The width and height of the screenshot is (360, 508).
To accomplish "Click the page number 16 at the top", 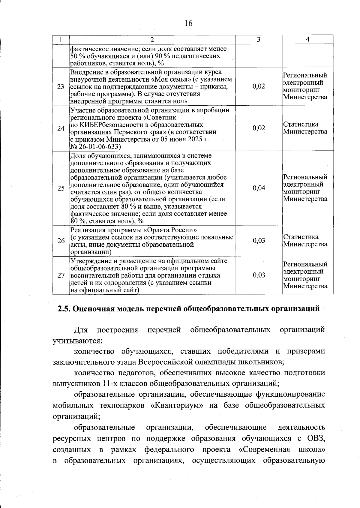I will pos(188,23).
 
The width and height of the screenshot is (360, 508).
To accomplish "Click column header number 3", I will pos(259,40).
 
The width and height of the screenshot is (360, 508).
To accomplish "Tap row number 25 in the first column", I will pos(61,188).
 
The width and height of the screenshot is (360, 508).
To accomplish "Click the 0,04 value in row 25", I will pos(259,188).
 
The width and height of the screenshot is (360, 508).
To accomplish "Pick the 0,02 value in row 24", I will pos(259,128).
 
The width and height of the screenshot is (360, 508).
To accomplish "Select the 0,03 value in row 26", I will pos(259,241).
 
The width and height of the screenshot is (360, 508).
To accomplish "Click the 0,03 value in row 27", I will pos(259,275).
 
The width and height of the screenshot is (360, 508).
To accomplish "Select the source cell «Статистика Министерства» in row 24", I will pos(305,128).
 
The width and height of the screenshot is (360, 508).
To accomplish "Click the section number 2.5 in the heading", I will pos(64,309).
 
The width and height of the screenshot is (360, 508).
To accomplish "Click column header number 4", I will pos(307,39).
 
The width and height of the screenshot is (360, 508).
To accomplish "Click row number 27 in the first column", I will pos(61,275).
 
